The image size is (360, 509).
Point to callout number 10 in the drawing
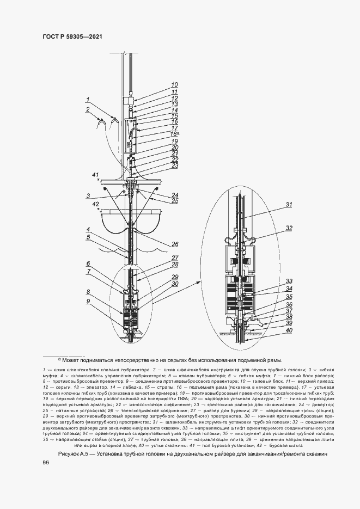(174, 85)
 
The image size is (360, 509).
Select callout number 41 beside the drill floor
(95, 175)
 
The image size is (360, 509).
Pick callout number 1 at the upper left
(87, 100)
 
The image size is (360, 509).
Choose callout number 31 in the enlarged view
(289, 205)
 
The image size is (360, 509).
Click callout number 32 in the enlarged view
(289, 228)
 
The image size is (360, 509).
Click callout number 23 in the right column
(175, 165)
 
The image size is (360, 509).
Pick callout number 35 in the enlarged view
(289, 297)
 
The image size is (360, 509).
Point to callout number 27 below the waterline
(175, 258)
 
